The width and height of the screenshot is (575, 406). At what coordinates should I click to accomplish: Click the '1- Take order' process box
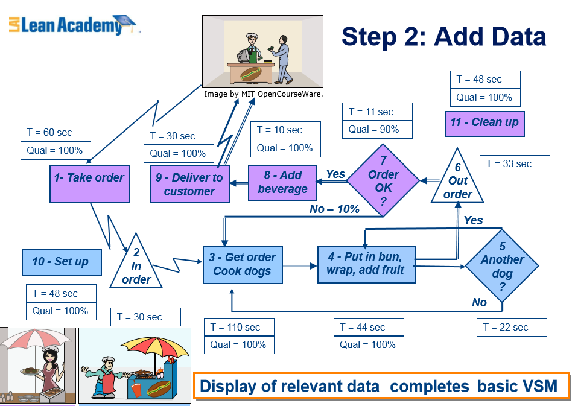click(89, 184)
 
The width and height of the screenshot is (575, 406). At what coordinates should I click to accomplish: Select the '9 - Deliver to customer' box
click(190, 184)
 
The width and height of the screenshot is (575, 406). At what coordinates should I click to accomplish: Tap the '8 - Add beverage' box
click(283, 182)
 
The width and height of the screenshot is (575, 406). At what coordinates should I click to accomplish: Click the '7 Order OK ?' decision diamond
click(383, 180)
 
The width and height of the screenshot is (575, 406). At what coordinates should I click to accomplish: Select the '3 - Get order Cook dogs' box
click(241, 264)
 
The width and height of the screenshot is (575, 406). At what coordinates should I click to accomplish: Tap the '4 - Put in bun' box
click(366, 263)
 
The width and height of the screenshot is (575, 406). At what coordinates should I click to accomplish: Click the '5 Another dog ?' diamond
click(502, 265)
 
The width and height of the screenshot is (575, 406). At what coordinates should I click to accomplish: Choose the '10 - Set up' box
click(61, 262)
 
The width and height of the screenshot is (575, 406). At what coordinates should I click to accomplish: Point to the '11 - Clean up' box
click(484, 124)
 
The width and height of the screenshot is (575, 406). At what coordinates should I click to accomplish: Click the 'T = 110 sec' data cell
click(239, 328)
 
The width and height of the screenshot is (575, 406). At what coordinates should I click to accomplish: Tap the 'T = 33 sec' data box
click(515, 164)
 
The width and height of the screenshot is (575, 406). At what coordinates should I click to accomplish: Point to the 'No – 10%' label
click(334, 209)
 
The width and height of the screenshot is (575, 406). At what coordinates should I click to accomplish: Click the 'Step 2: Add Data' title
click(443, 37)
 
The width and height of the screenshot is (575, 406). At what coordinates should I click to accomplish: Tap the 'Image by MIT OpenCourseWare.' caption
click(264, 94)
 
